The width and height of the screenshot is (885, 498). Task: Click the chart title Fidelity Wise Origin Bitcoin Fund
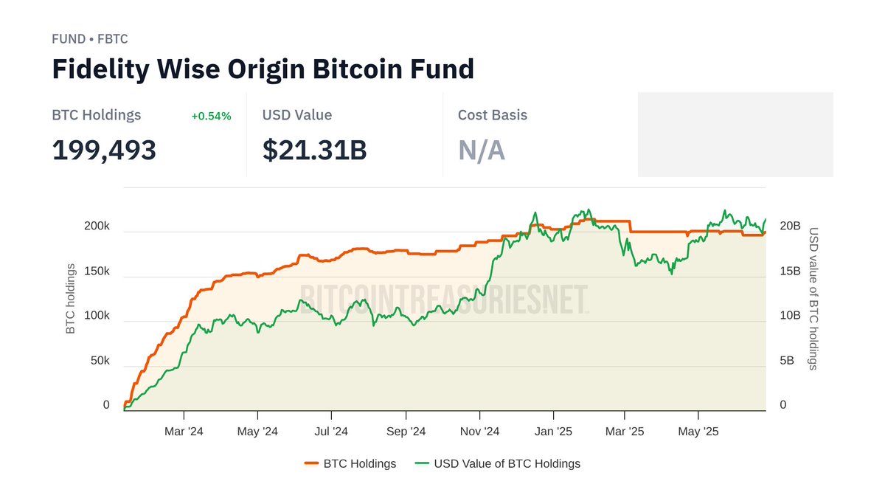click(x=263, y=69)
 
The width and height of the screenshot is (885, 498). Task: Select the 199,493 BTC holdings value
click(x=104, y=150)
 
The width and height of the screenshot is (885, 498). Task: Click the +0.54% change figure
click(x=211, y=116)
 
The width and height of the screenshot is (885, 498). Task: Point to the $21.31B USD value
click(x=314, y=150)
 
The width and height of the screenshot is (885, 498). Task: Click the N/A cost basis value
click(x=481, y=150)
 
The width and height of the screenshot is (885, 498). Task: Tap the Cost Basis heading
click(x=492, y=115)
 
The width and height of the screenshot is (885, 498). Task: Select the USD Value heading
click(x=296, y=115)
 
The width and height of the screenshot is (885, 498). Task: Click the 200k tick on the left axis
click(x=97, y=226)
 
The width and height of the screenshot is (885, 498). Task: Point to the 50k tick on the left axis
click(x=100, y=361)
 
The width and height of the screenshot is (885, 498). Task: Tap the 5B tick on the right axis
click(x=788, y=361)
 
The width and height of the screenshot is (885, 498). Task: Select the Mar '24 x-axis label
click(x=184, y=432)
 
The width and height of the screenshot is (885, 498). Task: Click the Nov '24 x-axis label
click(x=480, y=432)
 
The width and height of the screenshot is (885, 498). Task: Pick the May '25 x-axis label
click(x=698, y=432)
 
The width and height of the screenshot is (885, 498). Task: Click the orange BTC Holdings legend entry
click(x=350, y=464)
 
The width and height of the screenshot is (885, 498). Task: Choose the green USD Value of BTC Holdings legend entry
click(x=497, y=464)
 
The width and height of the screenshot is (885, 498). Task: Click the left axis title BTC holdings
click(x=71, y=298)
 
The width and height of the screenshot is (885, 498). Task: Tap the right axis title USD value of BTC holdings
click(x=813, y=298)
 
